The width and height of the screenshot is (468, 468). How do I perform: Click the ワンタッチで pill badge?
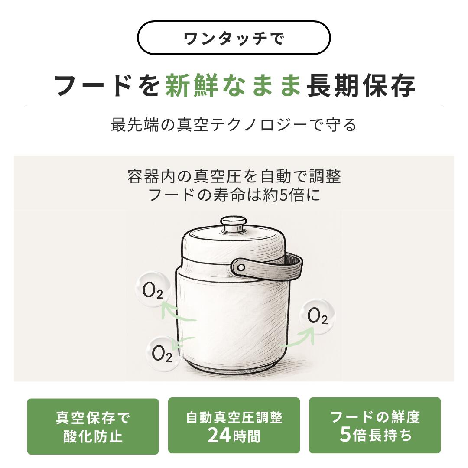click(x=234, y=38)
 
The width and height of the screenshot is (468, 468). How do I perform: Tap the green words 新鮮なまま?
click(x=233, y=86)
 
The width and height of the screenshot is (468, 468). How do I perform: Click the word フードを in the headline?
click(x=107, y=86)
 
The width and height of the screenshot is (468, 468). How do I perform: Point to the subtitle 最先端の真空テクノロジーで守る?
click(x=234, y=125)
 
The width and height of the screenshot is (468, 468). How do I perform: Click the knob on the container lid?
click(x=234, y=224)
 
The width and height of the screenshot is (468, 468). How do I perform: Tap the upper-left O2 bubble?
click(x=153, y=288)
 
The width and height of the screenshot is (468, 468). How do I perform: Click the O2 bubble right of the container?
click(x=317, y=316)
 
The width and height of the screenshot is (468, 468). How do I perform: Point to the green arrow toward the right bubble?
click(x=302, y=339)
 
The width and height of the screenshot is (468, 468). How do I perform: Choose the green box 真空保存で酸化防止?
click(x=93, y=426)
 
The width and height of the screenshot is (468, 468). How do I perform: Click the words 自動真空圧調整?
click(x=234, y=417)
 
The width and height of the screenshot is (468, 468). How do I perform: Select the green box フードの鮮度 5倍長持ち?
click(x=375, y=426)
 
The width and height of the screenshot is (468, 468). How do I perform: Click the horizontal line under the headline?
click(x=234, y=107)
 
